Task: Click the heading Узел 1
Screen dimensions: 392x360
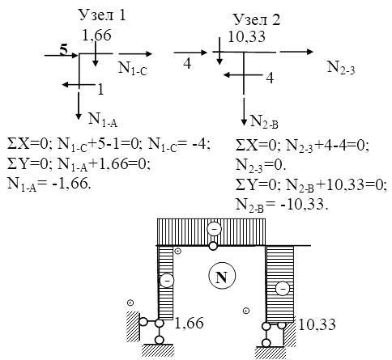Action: (102, 15)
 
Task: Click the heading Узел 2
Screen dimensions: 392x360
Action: (257, 19)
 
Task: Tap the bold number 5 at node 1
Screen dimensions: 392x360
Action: (63, 50)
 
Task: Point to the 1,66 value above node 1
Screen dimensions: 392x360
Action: (96, 36)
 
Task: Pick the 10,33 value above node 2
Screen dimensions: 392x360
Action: (246, 36)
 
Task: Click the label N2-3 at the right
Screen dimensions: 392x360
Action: (341, 67)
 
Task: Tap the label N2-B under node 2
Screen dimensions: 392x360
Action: (264, 121)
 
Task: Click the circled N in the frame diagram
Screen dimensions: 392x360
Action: (222, 276)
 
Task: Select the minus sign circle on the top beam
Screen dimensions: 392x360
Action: (214, 229)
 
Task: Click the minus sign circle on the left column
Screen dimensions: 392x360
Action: (167, 281)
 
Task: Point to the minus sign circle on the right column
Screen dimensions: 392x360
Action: (283, 289)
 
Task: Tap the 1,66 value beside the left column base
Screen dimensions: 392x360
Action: (189, 323)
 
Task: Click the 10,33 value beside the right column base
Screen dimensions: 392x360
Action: (317, 324)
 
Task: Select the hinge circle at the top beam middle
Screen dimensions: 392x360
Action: (213, 246)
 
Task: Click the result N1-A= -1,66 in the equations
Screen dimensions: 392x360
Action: (49, 184)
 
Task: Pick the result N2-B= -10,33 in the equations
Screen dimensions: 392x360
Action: (282, 205)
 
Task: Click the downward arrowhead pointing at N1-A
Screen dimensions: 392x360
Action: (79, 116)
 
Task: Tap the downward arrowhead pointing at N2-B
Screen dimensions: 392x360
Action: (244, 122)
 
